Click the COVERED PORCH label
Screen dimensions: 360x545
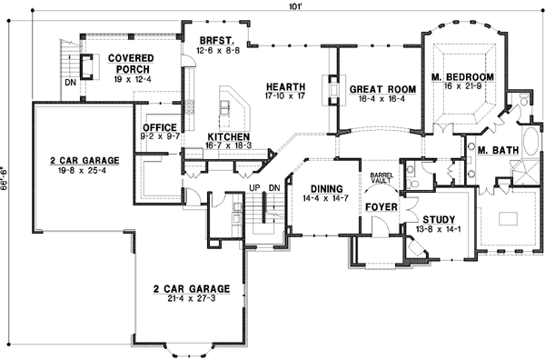coord(131,63)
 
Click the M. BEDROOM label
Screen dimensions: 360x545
coord(462,77)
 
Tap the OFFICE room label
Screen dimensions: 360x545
coord(159,127)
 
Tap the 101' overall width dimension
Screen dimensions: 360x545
coord(285,7)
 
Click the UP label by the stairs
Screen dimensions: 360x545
coord(255,188)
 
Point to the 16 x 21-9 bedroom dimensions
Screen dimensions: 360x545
coord(462,87)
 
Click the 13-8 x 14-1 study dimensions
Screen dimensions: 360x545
coord(439,229)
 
